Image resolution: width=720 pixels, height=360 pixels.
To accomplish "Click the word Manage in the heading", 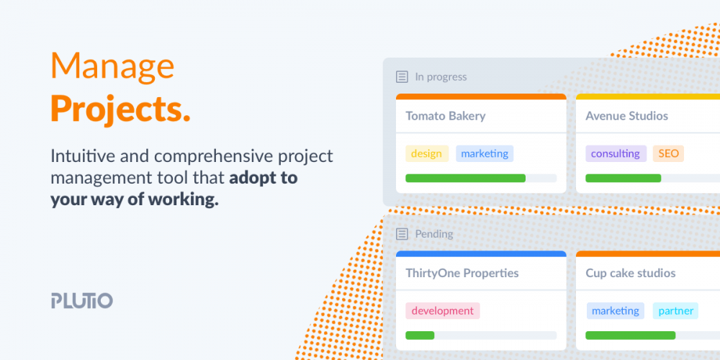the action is coord(112,66).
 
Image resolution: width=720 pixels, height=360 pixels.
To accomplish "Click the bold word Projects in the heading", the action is coord(120,109).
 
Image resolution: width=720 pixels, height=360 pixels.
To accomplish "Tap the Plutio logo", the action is coord(82,300).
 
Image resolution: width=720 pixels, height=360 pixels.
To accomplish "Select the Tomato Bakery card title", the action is coord(446,116).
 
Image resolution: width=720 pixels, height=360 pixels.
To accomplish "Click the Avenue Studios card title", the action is coord(627,116).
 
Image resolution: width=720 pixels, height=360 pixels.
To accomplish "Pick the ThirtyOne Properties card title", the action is coord(462,274).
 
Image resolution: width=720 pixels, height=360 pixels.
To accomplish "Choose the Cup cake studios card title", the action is coord(631,274).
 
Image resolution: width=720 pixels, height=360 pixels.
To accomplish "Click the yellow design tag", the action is coord(426,154).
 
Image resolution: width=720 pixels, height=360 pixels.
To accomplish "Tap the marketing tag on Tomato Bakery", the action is coord(485,154).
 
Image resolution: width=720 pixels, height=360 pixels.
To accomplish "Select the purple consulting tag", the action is coord(616,154).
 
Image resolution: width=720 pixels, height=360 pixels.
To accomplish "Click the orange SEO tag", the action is coord(668,154).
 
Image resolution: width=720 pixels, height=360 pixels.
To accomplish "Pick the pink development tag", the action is coord(443,311).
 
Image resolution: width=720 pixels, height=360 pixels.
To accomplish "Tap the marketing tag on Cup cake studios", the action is coord(616,311).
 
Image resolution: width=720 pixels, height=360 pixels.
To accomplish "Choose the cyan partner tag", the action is coord(675,311).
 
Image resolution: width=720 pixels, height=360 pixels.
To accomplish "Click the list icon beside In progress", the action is coord(402,77).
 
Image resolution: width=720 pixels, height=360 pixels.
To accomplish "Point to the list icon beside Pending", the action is coord(402,234).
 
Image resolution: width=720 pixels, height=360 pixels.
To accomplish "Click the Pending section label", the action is coord(434,234).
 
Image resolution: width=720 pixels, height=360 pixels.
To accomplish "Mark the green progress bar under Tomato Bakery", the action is coord(466,178).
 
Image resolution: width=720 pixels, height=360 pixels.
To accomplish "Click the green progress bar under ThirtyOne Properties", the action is coord(420,336).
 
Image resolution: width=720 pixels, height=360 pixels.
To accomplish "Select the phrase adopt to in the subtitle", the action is coord(264,178).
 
